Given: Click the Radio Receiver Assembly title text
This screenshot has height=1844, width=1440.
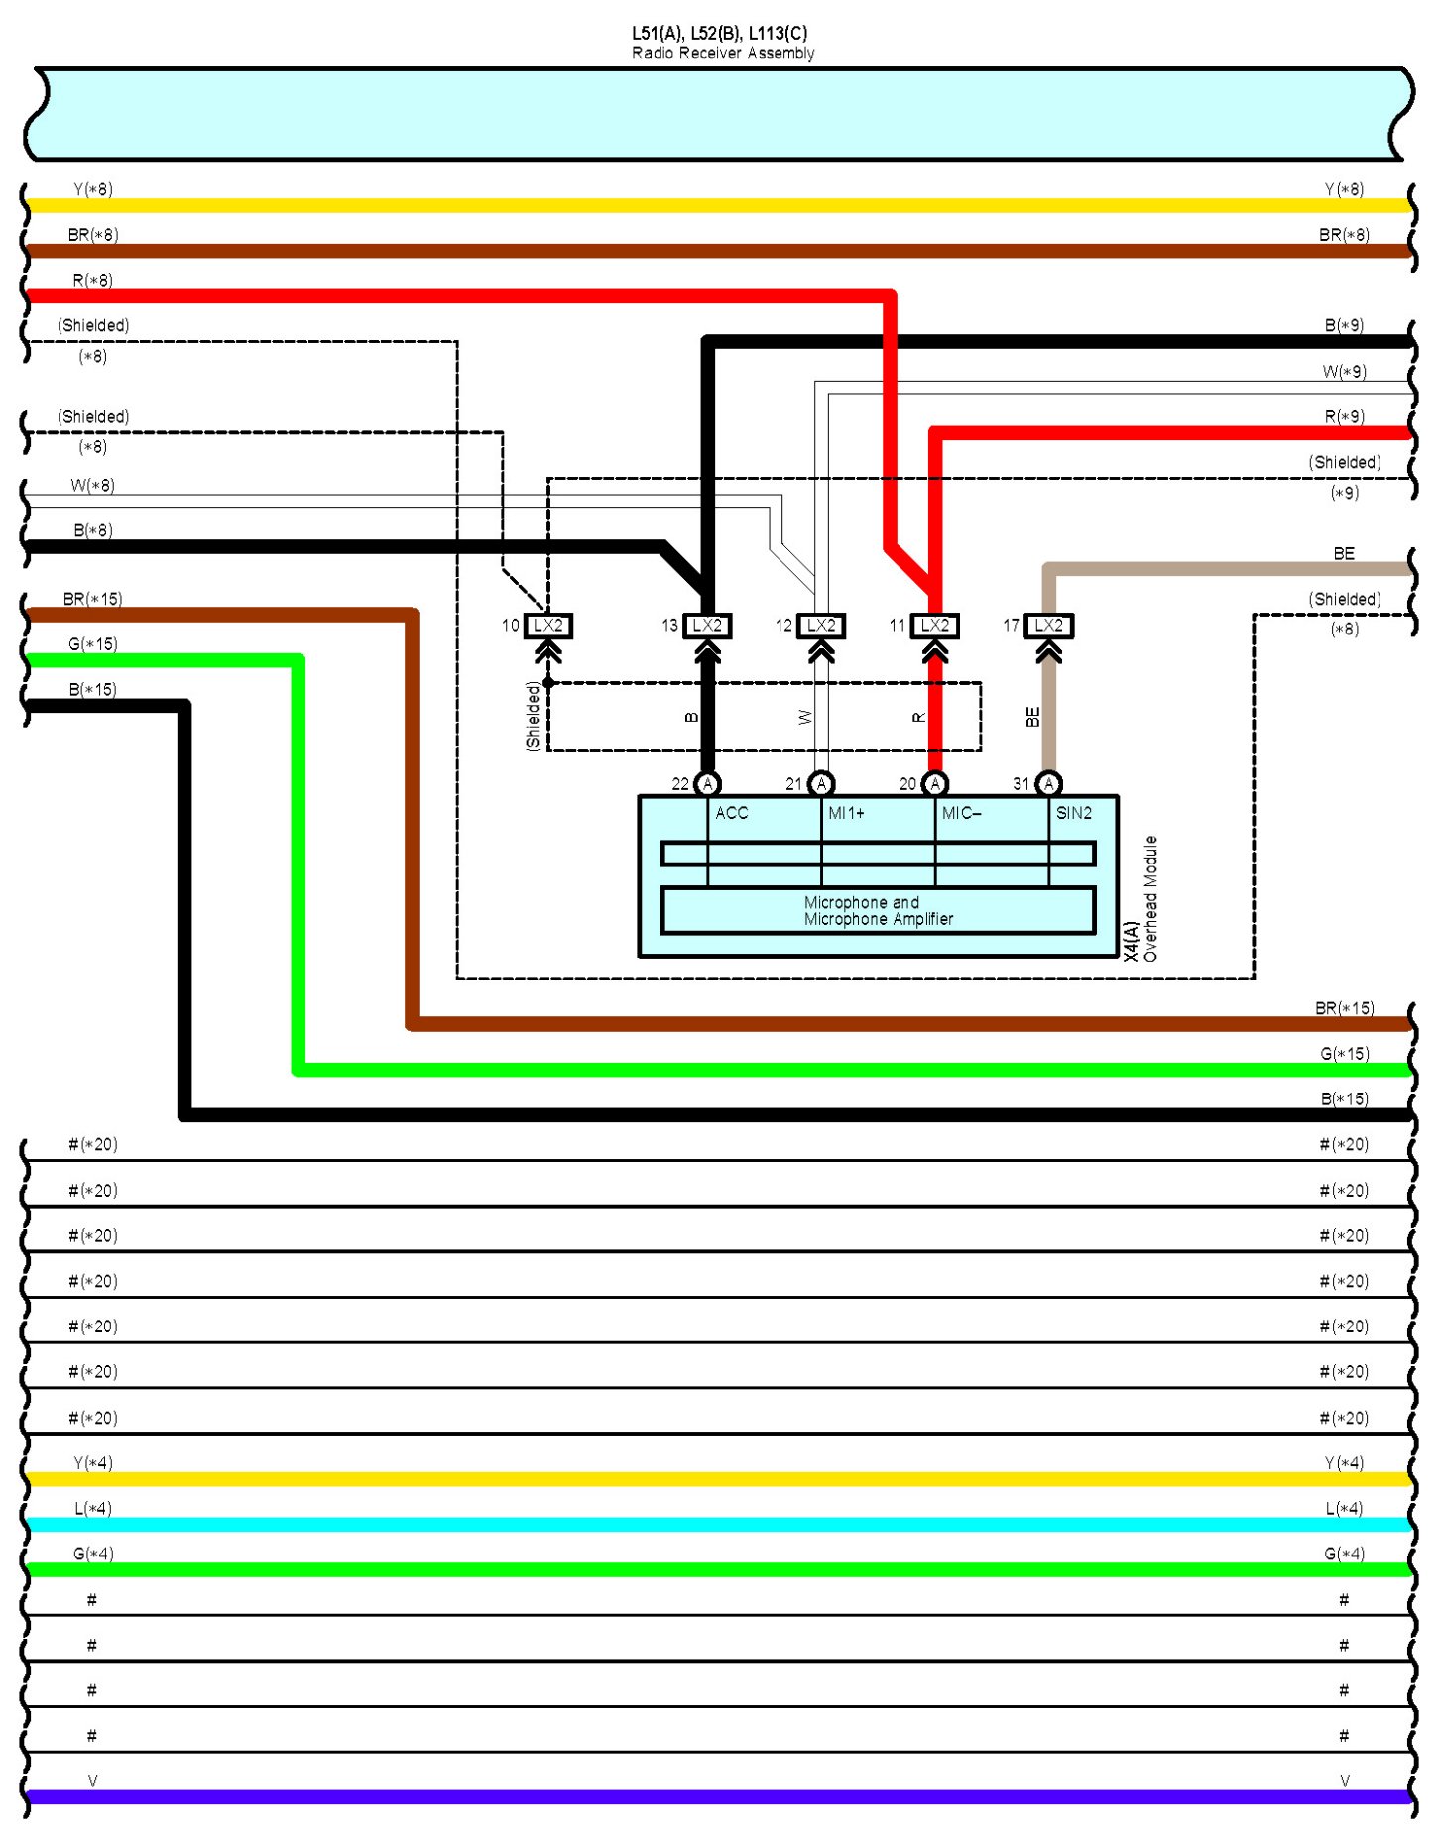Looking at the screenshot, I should [722, 53].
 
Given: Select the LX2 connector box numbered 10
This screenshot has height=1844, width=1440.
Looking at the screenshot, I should [547, 626].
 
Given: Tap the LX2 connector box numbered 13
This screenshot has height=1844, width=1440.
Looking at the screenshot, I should [707, 626].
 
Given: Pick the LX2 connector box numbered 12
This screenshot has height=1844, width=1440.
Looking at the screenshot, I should [821, 626].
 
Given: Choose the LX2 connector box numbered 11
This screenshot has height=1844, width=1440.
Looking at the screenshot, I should [935, 626].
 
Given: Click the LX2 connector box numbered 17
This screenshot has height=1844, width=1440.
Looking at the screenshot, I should [1048, 626].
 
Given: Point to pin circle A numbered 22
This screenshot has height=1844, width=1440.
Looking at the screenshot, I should [707, 784].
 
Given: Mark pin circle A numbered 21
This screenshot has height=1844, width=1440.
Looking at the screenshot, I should [821, 784].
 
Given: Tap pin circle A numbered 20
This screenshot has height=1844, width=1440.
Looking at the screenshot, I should [935, 784].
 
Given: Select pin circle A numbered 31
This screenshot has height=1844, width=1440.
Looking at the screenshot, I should [1049, 784].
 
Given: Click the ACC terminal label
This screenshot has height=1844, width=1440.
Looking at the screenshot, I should [732, 813].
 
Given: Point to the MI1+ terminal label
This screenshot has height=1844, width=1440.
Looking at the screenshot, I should [846, 813].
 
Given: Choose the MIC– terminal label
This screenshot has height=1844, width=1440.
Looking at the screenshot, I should [961, 813].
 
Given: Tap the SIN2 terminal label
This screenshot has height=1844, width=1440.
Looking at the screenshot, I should [1074, 813].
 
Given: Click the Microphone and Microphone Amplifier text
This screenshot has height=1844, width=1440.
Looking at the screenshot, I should [878, 911].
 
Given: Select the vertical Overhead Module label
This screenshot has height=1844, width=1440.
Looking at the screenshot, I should [1150, 898].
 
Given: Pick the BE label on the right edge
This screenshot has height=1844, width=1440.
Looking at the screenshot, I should [1344, 554].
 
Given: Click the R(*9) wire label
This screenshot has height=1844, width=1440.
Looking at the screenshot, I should [1344, 417].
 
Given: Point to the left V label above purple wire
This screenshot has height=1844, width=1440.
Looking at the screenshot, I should [92, 1782].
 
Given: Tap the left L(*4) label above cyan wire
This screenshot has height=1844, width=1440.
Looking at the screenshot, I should [92, 1509].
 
